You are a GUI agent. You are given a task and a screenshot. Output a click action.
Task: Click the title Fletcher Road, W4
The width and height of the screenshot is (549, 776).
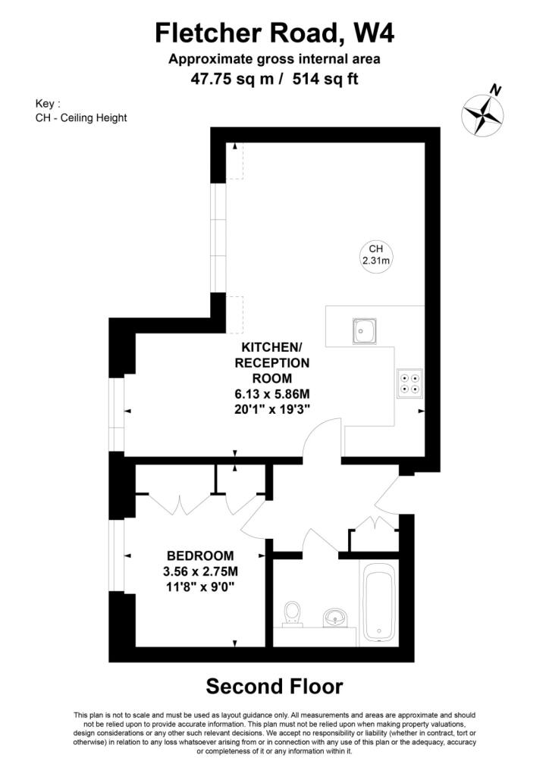274,33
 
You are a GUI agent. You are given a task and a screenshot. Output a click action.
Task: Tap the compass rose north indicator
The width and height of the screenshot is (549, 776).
482,115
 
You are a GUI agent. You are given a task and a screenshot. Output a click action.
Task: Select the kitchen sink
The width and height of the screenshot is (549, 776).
365,331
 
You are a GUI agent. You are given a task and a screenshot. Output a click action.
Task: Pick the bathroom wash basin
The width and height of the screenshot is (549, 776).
335,618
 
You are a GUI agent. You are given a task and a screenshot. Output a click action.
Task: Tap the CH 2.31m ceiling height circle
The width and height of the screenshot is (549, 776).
376,255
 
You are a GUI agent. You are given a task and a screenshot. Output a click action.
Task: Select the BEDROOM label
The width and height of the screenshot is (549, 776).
200,555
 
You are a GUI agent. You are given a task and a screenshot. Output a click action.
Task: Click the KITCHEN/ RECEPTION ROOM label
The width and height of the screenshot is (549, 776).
271,362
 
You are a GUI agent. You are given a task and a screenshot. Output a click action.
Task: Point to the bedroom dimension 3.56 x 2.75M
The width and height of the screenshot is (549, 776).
200,571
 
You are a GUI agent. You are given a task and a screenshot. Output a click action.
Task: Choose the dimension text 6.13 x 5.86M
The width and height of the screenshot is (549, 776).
271,394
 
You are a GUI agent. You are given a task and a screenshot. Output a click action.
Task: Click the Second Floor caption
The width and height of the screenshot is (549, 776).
274,687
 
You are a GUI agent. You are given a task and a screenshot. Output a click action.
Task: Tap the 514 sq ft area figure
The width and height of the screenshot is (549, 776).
325,79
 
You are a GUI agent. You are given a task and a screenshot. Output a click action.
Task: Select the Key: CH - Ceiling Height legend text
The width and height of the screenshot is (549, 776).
81,111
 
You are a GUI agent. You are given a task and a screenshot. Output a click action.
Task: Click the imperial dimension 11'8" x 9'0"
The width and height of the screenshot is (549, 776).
200,587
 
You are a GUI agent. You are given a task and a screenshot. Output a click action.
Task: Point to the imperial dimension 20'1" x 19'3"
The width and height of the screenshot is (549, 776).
271,410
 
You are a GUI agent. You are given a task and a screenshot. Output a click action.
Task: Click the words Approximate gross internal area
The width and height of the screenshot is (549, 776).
274,59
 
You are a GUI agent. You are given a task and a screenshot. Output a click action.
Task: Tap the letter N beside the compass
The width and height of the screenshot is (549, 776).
495,90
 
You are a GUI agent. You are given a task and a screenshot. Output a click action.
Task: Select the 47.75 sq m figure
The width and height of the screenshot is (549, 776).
232,79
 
